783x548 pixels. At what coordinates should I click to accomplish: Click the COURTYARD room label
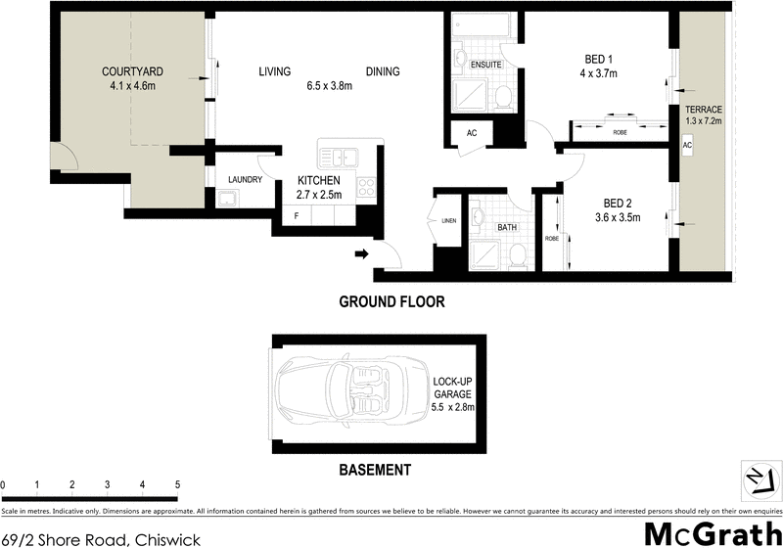coord(132,71)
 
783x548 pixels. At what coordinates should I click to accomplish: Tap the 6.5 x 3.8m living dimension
coord(329,87)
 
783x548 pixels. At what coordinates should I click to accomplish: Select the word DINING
coord(383,71)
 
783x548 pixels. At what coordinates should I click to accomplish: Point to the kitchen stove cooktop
coord(366,185)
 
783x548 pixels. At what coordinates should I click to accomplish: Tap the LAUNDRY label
coord(244,180)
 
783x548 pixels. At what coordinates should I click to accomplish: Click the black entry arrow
coord(360,255)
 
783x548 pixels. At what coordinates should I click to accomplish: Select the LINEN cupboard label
coord(449,221)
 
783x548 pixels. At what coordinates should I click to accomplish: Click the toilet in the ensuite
coord(503,96)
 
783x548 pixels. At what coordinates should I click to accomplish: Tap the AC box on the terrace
coord(687,144)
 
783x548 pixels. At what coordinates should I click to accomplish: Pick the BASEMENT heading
coord(375,470)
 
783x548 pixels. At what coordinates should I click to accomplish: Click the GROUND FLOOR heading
coord(391,302)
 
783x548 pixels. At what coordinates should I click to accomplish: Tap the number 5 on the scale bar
coord(177,485)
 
